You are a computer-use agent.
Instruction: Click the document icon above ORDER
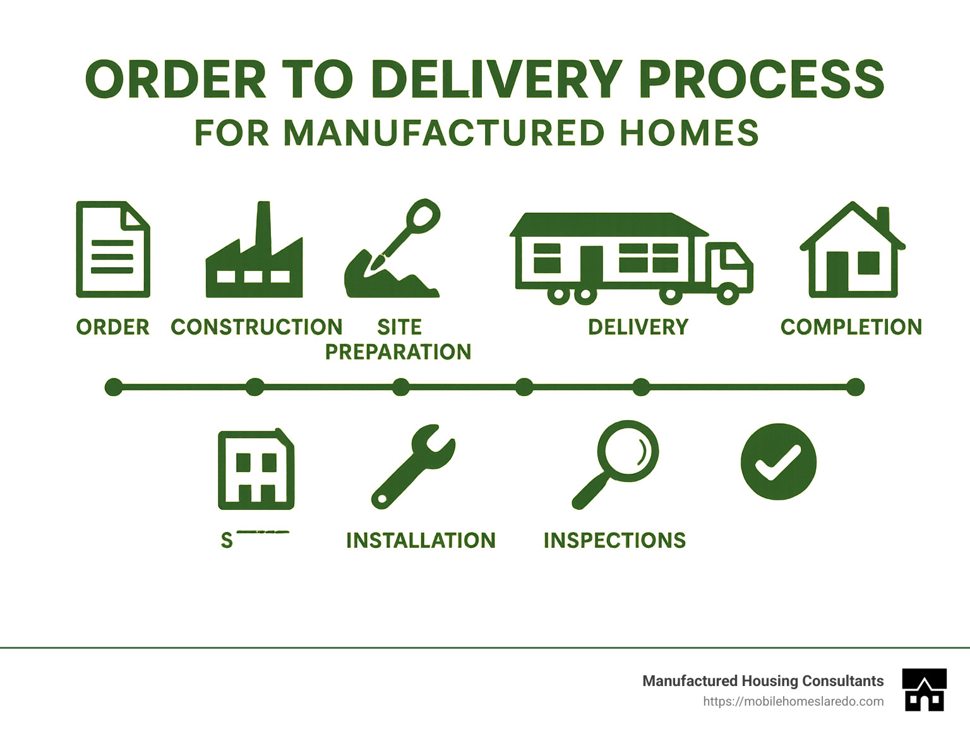pyautogui.click(x=112, y=250)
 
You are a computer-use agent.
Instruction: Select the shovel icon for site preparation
pyautogui.click(x=392, y=253)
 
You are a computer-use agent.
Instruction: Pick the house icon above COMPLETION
pyautogui.click(x=853, y=253)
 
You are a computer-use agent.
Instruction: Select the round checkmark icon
pyautogui.click(x=779, y=462)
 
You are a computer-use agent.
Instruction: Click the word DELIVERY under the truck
pyautogui.click(x=638, y=327)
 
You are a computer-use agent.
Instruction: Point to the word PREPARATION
pyautogui.click(x=398, y=352)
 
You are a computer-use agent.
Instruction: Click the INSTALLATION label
pyautogui.click(x=421, y=541)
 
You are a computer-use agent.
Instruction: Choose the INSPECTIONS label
pyautogui.click(x=614, y=541)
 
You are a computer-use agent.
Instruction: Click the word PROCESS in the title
pyautogui.click(x=761, y=80)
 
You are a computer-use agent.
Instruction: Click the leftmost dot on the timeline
pyautogui.click(x=114, y=387)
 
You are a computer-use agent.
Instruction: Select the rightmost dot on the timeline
pyautogui.click(x=855, y=387)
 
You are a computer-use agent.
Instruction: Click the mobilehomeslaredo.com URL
pyautogui.click(x=793, y=702)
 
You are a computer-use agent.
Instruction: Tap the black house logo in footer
pyautogui.click(x=925, y=690)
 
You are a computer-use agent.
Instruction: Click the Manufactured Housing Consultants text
pyautogui.click(x=763, y=681)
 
